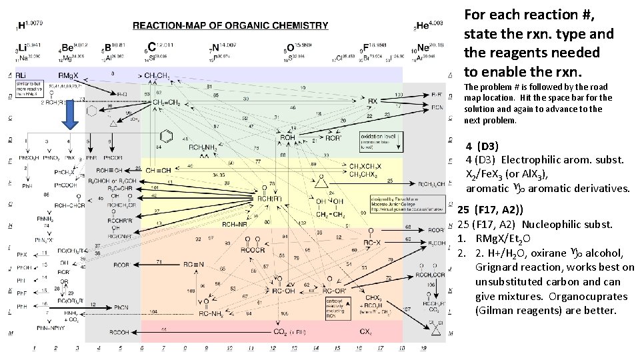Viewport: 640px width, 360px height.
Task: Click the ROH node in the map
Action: tap(287, 138)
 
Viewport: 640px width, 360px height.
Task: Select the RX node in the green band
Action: tap(373, 101)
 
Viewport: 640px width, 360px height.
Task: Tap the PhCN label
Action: tap(121, 307)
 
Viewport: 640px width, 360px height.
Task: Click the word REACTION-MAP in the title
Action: tap(170, 26)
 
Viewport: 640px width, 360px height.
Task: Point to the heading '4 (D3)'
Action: tap(483, 146)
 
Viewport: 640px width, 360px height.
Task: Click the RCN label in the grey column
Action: tap(437, 107)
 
